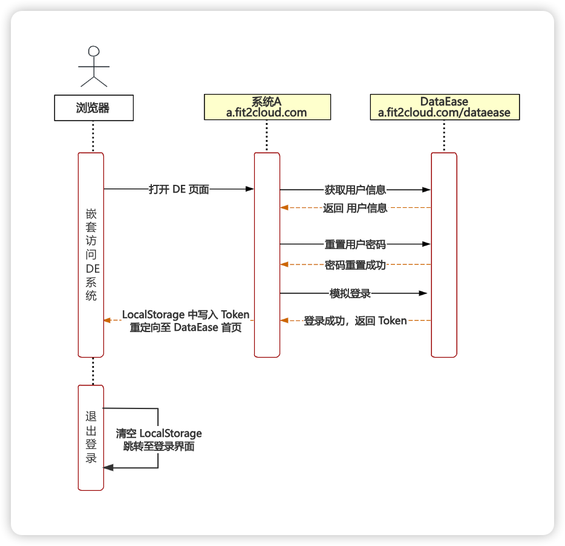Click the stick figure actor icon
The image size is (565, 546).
pos(93,66)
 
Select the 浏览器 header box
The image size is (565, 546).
pos(93,108)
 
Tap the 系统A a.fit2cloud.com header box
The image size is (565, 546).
pos(267,107)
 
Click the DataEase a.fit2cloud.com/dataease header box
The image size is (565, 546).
pos(444,107)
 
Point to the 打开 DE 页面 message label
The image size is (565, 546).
pos(178,189)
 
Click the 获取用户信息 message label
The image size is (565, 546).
pos(355,190)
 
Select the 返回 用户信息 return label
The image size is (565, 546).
pos(355,208)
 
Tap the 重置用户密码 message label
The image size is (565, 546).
pos(355,245)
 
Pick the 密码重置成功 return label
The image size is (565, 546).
pos(355,264)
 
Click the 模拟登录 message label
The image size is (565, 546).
pos(350,293)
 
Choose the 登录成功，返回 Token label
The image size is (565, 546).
pos(355,321)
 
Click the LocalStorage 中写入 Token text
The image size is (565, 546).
pos(186,315)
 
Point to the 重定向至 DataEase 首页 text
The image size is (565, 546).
pos(186,327)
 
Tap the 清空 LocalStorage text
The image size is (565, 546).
pos(159,433)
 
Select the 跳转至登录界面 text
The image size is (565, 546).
pos(159,446)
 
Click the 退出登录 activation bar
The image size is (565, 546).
pos(91,437)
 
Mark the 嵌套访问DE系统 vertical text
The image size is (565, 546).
pos(91,255)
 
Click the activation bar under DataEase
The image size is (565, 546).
pos(444,255)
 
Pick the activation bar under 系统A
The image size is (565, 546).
pos(267,255)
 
